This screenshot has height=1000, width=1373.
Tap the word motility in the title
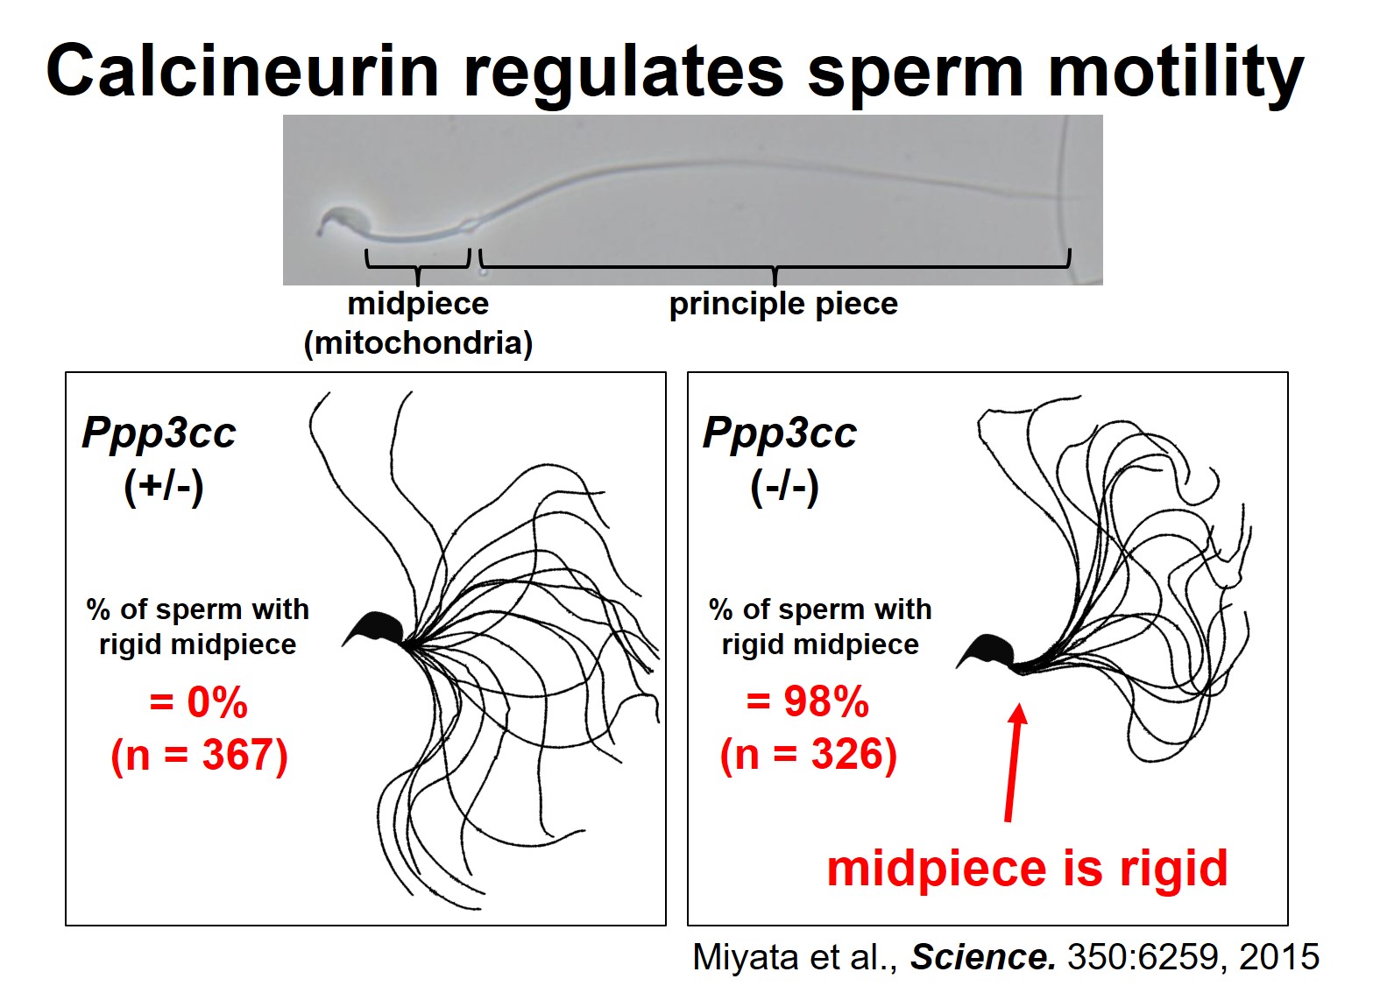[1176, 72]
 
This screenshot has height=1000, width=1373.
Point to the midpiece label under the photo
[418, 304]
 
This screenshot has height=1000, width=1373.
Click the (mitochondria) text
[418, 342]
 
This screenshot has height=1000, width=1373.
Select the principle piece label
[783, 304]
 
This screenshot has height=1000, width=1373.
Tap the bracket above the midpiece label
[418, 261]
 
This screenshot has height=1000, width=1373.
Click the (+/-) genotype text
[164, 486]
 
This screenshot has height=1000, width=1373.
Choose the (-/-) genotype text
[784, 486]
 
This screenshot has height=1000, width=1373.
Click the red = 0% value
[199, 702]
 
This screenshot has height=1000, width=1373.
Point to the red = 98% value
[808, 701]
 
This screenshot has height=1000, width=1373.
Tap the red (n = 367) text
[199, 755]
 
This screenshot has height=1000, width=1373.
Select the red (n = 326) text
[808, 755]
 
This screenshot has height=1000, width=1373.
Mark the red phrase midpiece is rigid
[1027, 868]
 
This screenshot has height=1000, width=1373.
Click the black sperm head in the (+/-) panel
[377, 628]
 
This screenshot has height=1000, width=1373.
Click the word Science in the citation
[983, 957]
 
